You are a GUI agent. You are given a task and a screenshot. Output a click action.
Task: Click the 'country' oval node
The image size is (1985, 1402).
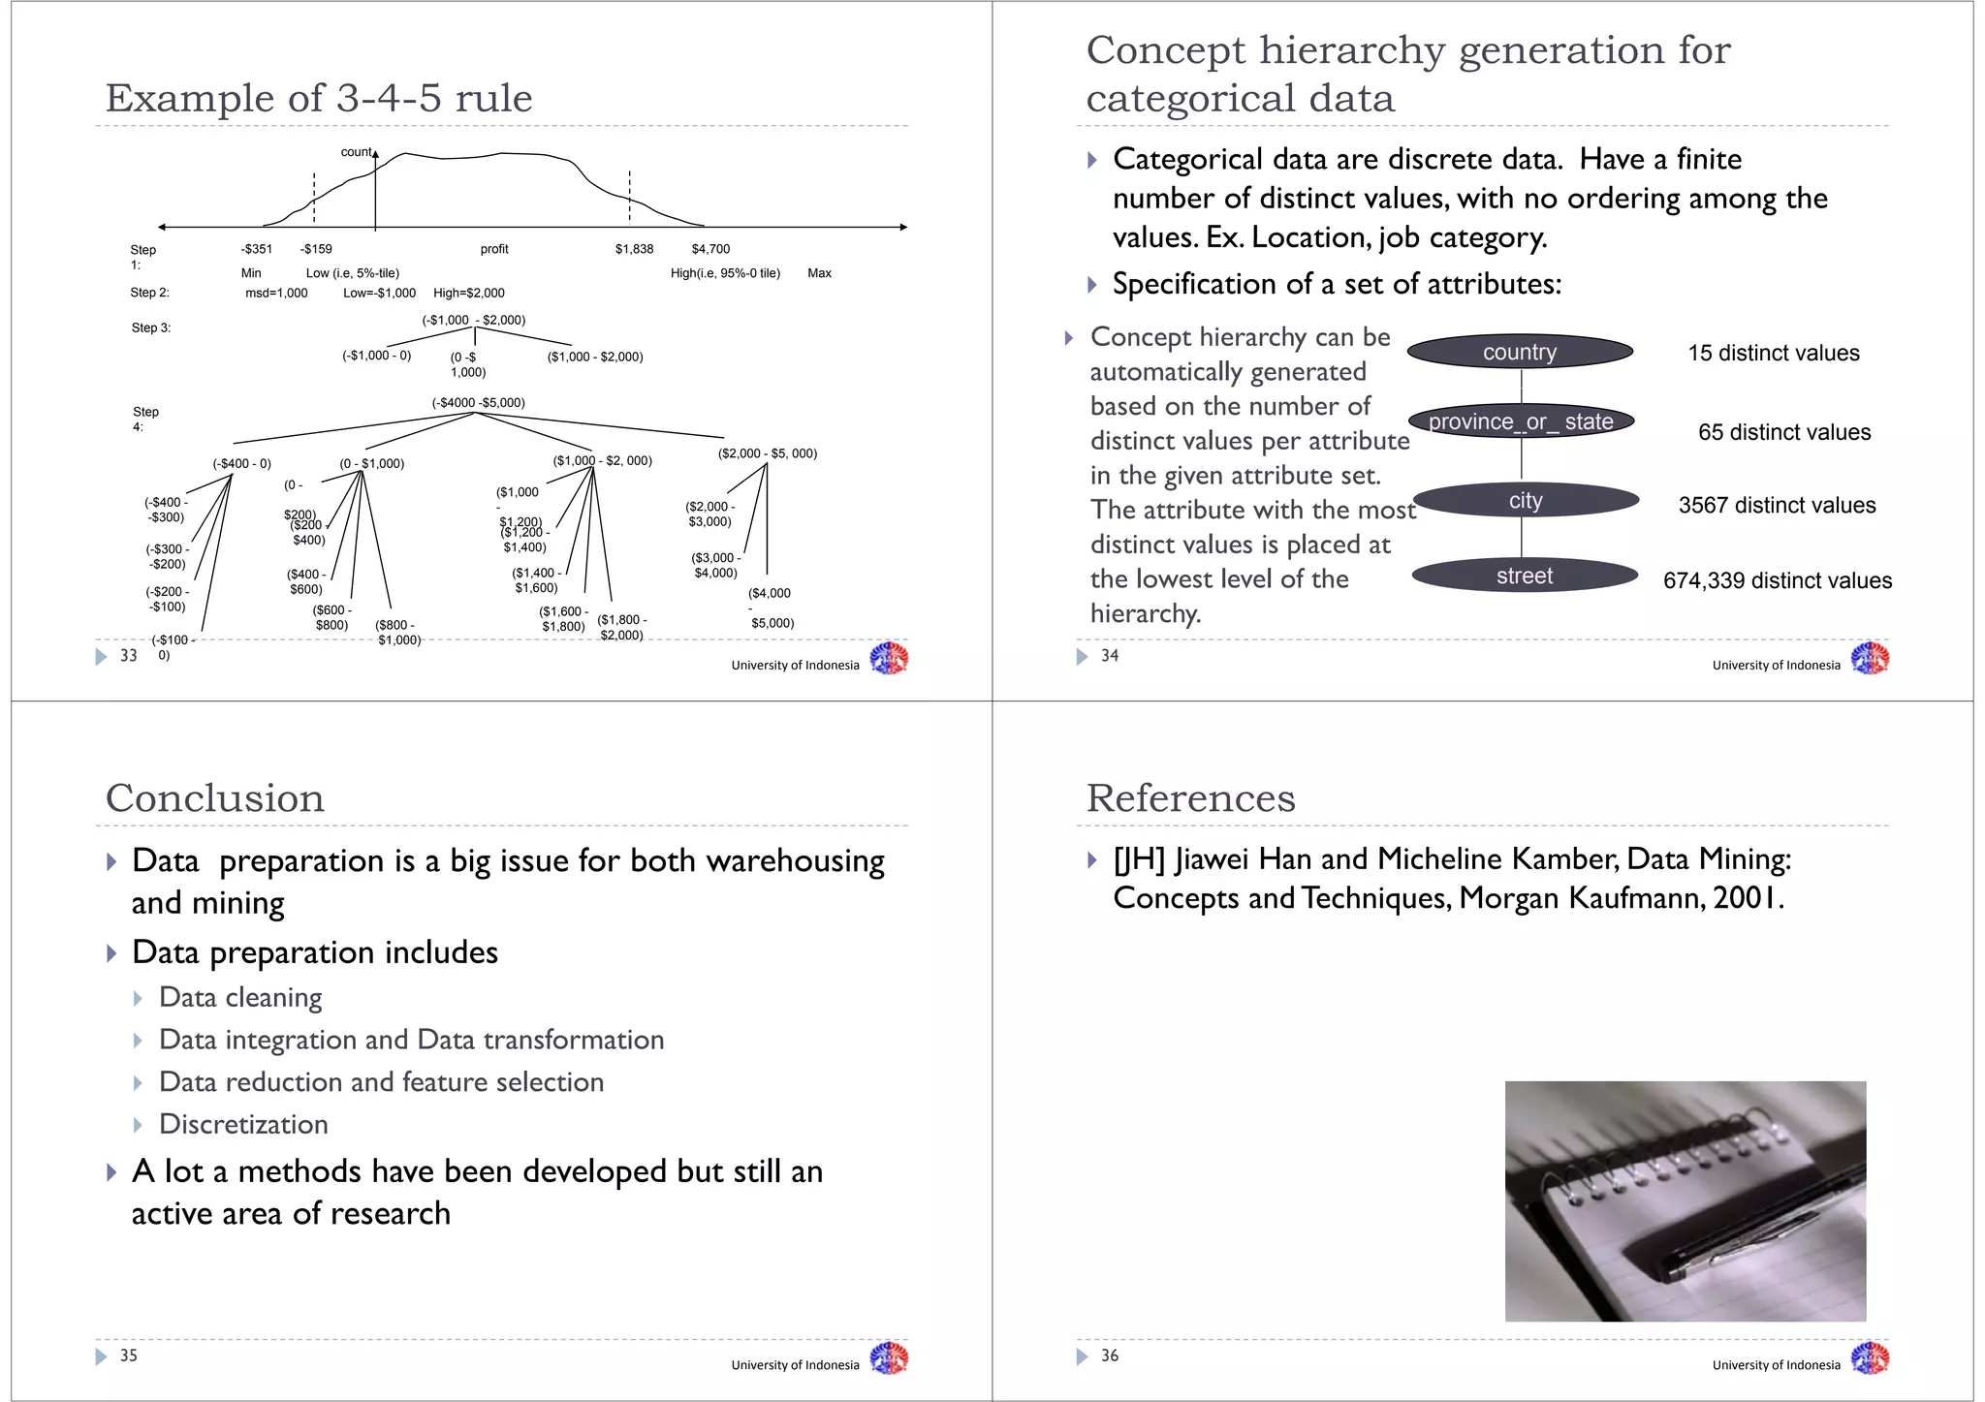point(1519,352)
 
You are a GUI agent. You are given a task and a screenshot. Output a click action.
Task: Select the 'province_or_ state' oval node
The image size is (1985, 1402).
point(1520,421)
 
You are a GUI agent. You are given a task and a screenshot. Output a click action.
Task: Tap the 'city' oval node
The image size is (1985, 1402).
point(1524,500)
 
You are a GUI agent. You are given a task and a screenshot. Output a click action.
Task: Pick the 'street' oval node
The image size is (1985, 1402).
point(1524,576)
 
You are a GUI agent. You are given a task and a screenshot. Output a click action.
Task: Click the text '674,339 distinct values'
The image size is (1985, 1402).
point(1777,580)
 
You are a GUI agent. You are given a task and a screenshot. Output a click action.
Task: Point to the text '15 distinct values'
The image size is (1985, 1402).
point(1773,353)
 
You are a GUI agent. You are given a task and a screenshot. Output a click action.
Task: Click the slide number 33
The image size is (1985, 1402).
point(128,656)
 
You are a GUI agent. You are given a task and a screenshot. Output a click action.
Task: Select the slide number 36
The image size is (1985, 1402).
point(1109,1355)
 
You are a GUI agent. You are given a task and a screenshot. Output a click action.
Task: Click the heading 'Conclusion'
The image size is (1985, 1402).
point(214,797)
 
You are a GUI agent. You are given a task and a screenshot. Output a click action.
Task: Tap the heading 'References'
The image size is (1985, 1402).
point(1190,797)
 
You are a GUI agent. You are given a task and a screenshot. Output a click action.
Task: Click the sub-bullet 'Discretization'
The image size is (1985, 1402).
point(243,1124)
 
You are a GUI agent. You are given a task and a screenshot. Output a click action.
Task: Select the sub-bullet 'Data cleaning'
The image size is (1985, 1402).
point(240,997)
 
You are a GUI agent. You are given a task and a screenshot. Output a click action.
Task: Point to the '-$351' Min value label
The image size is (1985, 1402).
point(257,249)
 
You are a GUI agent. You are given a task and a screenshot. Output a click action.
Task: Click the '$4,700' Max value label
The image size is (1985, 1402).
point(710,249)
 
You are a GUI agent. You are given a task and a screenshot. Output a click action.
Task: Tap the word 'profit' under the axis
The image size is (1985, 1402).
point(494,249)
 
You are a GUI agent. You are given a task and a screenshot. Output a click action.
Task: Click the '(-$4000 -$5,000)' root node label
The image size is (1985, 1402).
point(478,402)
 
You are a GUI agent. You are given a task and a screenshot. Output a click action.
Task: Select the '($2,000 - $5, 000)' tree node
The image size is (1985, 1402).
point(767,452)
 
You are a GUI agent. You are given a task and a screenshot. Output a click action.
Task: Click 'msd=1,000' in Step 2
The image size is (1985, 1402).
point(276,293)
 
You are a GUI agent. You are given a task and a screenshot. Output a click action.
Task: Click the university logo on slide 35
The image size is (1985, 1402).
point(888,1357)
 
